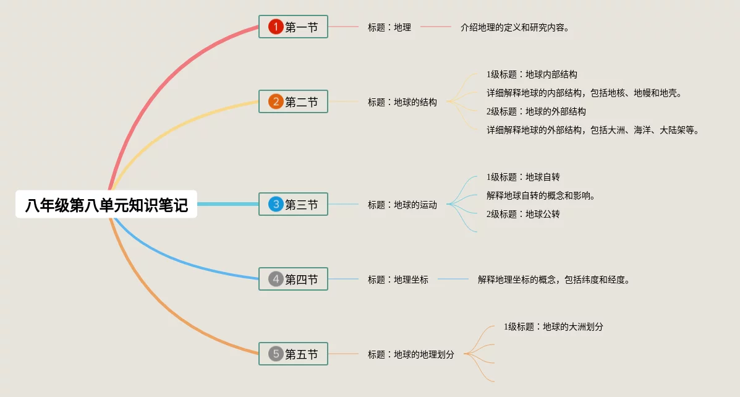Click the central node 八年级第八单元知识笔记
(x=106, y=205)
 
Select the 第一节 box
(x=293, y=27)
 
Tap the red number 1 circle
(x=276, y=27)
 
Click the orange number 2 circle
(x=276, y=101)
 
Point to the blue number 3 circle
(x=276, y=205)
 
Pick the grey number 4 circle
(x=276, y=279)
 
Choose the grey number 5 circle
(x=276, y=354)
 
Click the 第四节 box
(x=293, y=279)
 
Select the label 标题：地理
(x=389, y=27)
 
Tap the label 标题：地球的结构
(x=402, y=102)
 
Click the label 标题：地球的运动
(x=402, y=205)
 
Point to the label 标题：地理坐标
(x=398, y=280)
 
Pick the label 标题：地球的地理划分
(x=410, y=354)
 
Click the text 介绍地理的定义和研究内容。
(x=515, y=27)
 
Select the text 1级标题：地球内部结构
(x=532, y=74)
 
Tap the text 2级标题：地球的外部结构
(x=536, y=111)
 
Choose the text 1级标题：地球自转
(x=523, y=177)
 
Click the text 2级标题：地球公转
(x=523, y=214)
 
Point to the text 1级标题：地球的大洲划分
(x=553, y=327)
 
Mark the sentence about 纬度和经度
(x=553, y=280)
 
